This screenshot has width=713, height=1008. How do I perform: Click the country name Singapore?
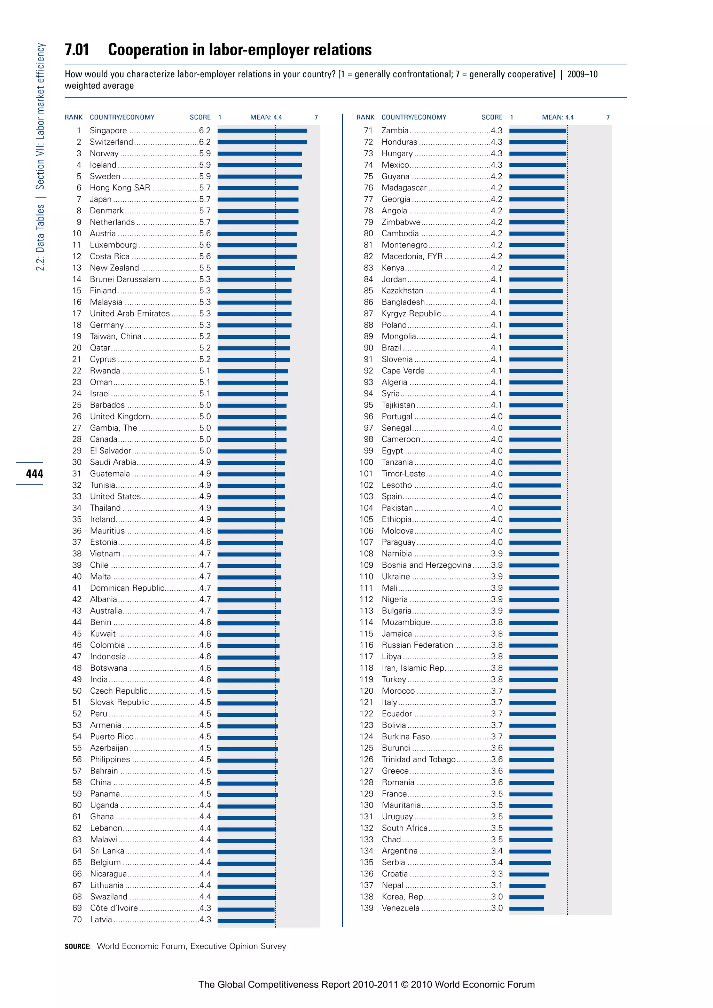coord(108,131)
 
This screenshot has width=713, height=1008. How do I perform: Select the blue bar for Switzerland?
coord(262,142)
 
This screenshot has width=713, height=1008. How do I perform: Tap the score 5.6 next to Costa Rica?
coord(205,257)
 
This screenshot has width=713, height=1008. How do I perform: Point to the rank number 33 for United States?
coord(77,497)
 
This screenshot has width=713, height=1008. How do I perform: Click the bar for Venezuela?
coord(526,908)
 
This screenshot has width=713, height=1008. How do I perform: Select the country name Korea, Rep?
coord(402,897)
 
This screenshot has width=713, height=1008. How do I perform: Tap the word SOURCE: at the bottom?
coord(77,946)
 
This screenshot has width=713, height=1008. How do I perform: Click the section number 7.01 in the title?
coord(77,50)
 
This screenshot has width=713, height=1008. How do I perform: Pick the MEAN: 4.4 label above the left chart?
coord(266,117)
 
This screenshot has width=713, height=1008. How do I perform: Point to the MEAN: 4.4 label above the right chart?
coord(558,117)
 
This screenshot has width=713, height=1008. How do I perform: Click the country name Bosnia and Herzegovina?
coord(426,565)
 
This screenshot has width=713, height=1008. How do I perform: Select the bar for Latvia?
coord(246,920)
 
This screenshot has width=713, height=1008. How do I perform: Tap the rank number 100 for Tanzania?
coord(366,462)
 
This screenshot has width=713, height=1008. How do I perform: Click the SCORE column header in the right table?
coord(492,117)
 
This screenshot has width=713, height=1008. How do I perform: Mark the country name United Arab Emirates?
coord(130,314)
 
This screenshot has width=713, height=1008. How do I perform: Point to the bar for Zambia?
coord(538,131)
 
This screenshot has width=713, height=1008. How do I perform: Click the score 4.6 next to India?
coord(205,680)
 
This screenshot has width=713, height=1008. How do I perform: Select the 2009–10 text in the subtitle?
coord(582,74)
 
